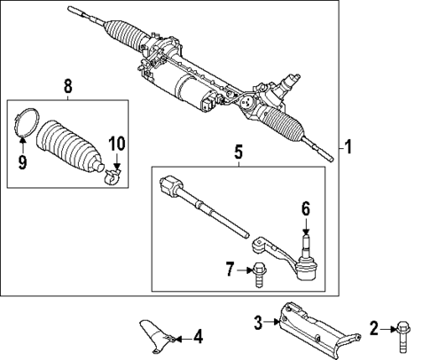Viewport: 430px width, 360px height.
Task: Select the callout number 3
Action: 257,324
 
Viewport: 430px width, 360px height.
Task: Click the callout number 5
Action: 237,153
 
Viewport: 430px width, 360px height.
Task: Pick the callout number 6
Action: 305,210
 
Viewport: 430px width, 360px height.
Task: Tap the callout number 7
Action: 231,269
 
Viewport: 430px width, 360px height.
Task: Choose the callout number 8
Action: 67,88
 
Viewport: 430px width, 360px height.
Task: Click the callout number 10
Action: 117,143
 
